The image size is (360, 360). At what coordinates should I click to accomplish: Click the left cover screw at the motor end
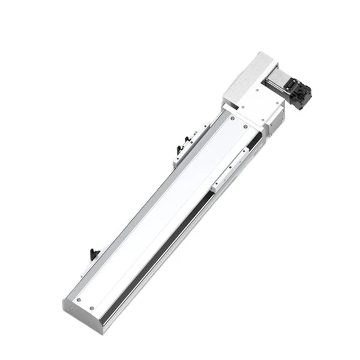click(230, 120)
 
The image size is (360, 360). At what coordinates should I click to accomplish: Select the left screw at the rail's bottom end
click(78, 299)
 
